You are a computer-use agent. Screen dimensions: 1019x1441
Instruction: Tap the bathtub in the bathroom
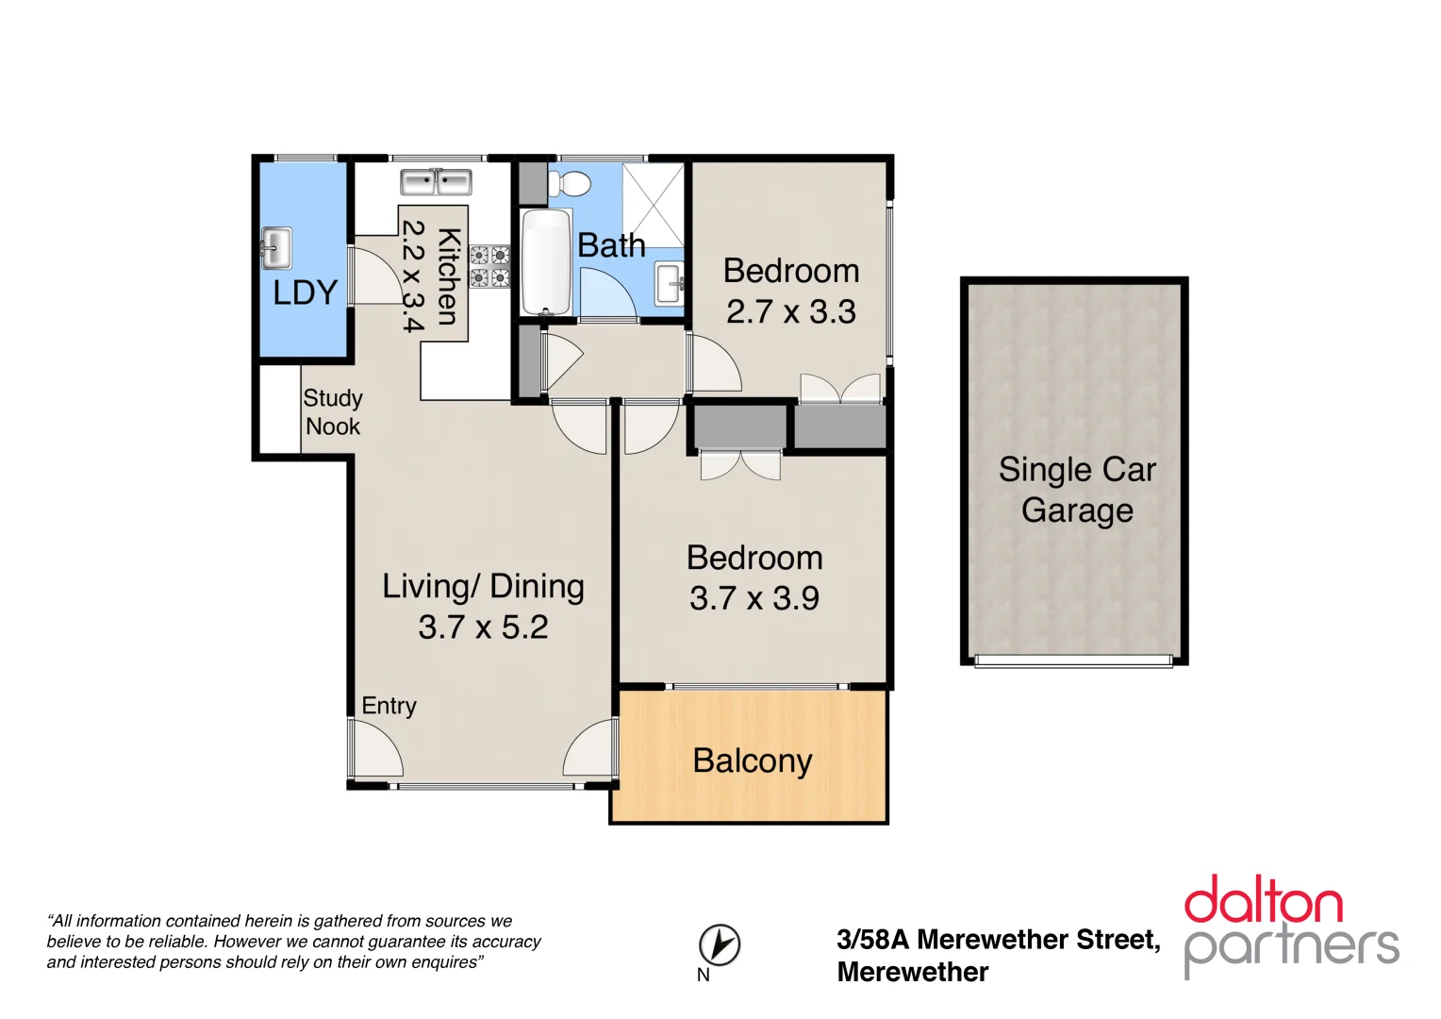click(x=546, y=262)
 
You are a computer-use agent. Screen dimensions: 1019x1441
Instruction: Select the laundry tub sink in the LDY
click(x=276, y=248)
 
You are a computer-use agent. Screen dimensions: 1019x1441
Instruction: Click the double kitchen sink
click(x=436, y=182)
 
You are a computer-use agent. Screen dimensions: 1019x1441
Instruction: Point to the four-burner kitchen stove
click(x=489, y=266)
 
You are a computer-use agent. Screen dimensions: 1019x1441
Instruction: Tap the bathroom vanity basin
click(x=671, y=283)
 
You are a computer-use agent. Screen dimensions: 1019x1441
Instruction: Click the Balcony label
click(x=752, y=760)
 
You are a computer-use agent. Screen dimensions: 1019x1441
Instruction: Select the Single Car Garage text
click(x=1077, y=490)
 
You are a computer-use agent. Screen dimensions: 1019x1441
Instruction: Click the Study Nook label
click(x=332, y=412)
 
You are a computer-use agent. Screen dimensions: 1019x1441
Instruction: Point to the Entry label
click(x=389, y=706)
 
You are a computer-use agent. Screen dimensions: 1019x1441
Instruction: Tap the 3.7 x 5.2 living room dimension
click(x=483, y=627)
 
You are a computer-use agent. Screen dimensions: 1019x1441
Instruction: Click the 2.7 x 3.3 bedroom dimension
click(x=790, y=312)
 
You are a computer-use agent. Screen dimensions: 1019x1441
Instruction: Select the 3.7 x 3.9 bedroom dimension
click(x=754, y=598)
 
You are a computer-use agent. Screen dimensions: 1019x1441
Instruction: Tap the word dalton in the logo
click(x=1263, y=900)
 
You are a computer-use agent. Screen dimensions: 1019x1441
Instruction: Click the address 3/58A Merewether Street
click(x=998, y=940)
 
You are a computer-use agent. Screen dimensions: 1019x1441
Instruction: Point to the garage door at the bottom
click(x=1073, y=661)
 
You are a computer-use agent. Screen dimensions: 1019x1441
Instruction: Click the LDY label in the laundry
click(x=305, y=293)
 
